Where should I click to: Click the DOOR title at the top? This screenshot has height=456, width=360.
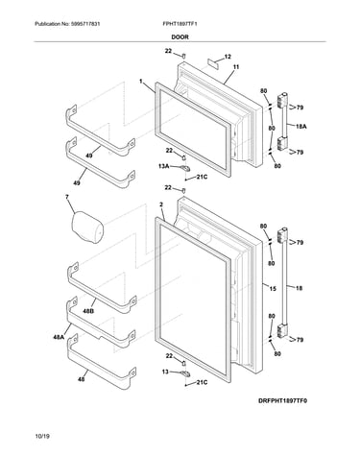coord(180,36)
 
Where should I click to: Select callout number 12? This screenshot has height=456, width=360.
coord(228,57)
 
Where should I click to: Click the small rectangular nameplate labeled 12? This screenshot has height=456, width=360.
coord(212,62)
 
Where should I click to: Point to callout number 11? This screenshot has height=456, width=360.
coord(236,67)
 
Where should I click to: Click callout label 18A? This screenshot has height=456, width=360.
coord(300,127)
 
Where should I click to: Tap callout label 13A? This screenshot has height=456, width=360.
coord(163,166)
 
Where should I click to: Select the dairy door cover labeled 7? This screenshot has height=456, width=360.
coord(87,228)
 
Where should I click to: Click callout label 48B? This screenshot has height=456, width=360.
coord(88,310)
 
